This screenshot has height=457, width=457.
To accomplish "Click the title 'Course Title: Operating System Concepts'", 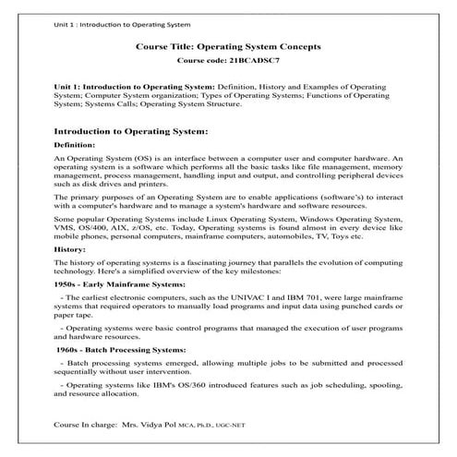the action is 228,46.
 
